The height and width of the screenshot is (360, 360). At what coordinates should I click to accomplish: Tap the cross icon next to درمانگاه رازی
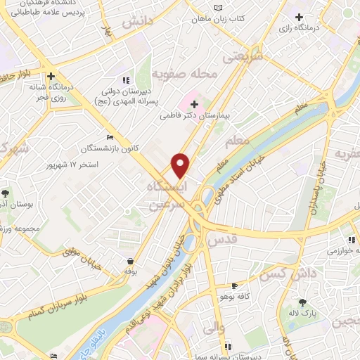(300, 17)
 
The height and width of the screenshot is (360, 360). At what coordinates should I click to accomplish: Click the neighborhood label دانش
(136, 22)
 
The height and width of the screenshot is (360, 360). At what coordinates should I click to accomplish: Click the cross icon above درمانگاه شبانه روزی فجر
(51, 76)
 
